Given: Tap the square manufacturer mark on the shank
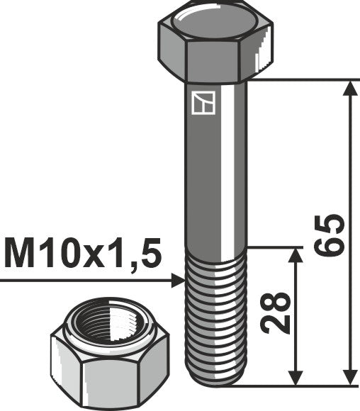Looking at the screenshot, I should pyautogui.click(x=203, y=103).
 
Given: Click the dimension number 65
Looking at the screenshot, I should pyautogui.click(x=331, y=234).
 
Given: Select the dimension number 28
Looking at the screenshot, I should pyautogui.click(x=276, y=312).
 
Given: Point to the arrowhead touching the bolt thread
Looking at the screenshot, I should pyautogui.click(x=179, y=281).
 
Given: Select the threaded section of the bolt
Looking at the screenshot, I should pyautogui.click(x=215, y=312).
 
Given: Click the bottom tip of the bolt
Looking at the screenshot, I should pyautogui.click(x=215, y=383).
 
